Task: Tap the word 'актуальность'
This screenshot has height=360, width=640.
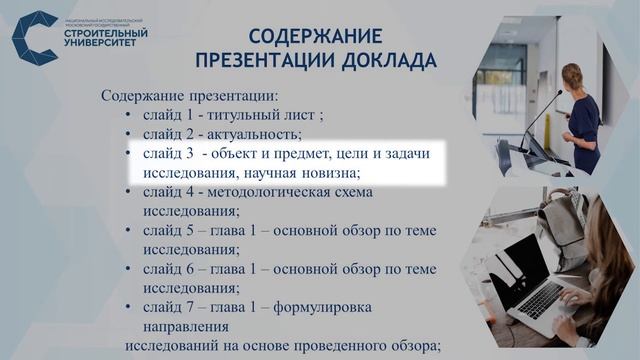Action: click(255, 134)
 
